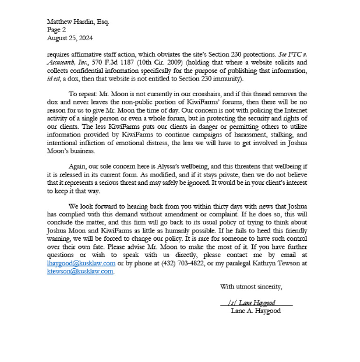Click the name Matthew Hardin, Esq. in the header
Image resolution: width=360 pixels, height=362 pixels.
[x=77, y=22]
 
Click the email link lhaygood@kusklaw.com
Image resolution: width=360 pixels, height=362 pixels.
[x=81, y=263]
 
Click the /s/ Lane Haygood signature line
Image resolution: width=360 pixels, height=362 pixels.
[x=256, y=303]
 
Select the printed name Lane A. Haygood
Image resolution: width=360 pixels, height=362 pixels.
[x=256, y=311]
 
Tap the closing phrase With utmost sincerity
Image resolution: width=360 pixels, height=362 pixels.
[x=251, y=286]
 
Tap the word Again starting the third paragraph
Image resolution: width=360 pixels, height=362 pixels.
[x=78, y=166]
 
